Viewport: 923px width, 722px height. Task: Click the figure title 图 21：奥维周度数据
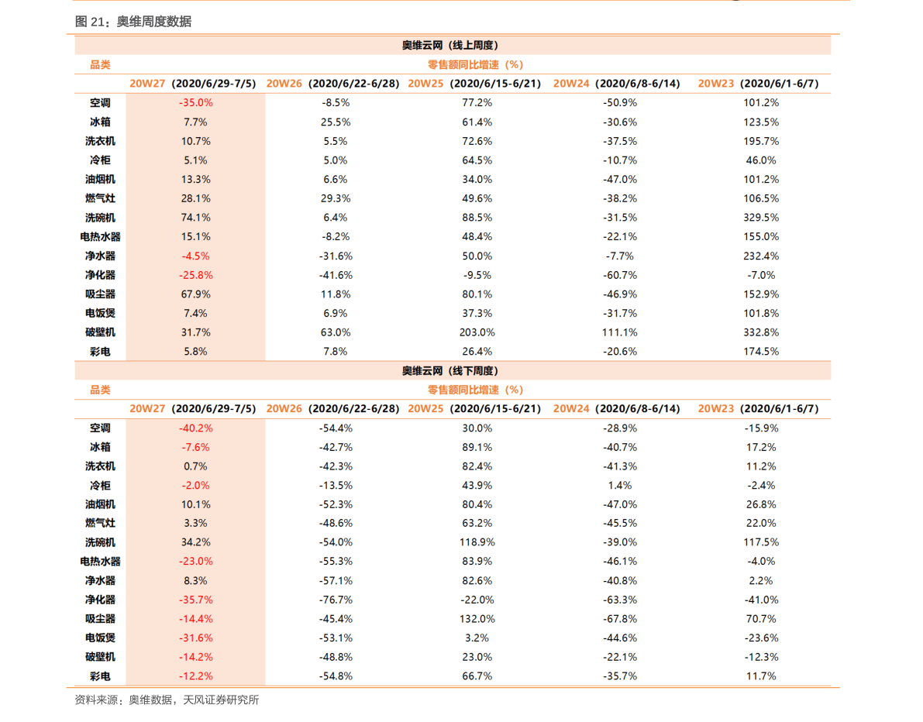tap(133, 22)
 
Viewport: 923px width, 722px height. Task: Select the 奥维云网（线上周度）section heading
tap(450, 45)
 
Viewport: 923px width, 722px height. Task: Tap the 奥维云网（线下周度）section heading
tap(450, 371)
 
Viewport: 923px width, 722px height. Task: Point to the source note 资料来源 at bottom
tap(167, 700)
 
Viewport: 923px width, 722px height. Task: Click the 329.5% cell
tap(760, 218)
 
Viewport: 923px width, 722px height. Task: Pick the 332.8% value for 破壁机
tap(760, 332)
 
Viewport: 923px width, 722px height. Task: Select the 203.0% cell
tap(477, 332)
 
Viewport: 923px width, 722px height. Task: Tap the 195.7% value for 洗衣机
tap(760, 141)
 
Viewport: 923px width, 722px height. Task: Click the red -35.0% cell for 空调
tap(195, 103)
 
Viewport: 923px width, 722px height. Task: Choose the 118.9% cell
tap(477, 542)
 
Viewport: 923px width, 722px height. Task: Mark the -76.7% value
tap(336, 600)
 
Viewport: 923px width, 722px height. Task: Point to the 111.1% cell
tap(619, 332)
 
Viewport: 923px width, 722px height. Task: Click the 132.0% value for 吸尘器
tap(477, 619)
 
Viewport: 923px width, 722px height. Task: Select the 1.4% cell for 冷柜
tap(619, 486)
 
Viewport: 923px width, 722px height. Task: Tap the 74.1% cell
tap(195, 218)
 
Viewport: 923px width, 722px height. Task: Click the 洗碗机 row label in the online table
tap(100, 218)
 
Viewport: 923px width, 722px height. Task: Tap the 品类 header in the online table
tap(100, 65)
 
